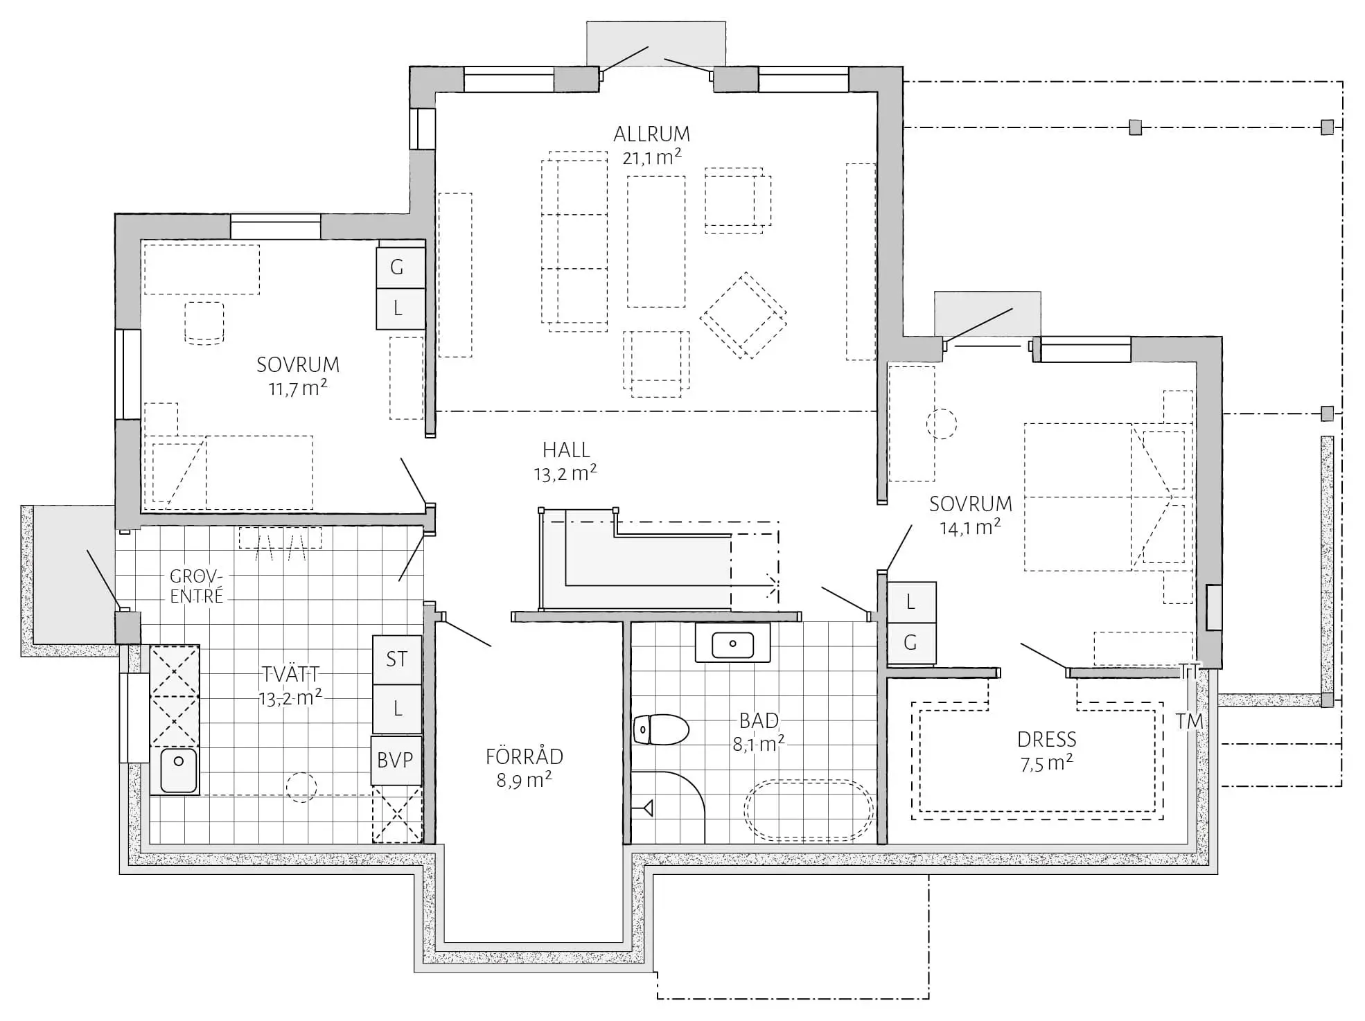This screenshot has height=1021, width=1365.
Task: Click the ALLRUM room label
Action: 651,134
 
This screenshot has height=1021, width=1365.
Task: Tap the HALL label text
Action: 566,450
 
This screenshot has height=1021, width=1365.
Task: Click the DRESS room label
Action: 1046,740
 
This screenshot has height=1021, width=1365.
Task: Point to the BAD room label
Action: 759,720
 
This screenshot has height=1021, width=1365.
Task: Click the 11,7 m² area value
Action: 298,388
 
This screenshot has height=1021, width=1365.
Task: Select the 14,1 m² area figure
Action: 970,527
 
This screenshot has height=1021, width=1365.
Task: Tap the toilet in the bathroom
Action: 660,729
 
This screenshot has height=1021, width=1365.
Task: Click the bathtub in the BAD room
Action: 809,810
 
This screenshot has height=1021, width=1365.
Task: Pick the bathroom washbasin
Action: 732,643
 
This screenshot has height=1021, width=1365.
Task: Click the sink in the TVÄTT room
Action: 178,770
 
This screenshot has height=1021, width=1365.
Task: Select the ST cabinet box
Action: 397,659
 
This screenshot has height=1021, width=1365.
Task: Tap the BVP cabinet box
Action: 396,760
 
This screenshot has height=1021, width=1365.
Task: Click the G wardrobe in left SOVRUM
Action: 400,267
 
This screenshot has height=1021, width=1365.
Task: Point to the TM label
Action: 1190,721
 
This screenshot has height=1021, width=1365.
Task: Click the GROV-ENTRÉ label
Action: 197,586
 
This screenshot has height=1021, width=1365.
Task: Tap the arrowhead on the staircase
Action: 771,586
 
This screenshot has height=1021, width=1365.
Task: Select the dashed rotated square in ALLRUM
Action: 743,316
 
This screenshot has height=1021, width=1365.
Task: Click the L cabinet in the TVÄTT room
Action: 397,709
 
